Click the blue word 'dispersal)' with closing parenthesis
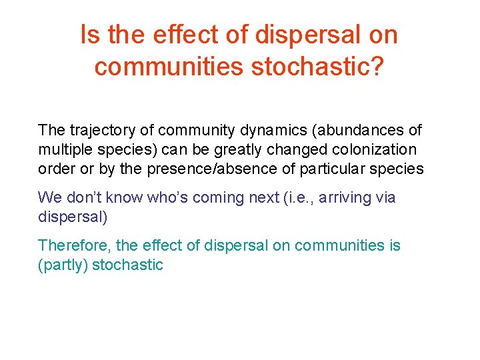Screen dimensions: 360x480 point(72,217)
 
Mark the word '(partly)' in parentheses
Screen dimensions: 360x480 point(63,265)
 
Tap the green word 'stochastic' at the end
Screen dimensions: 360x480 point(127,265)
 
